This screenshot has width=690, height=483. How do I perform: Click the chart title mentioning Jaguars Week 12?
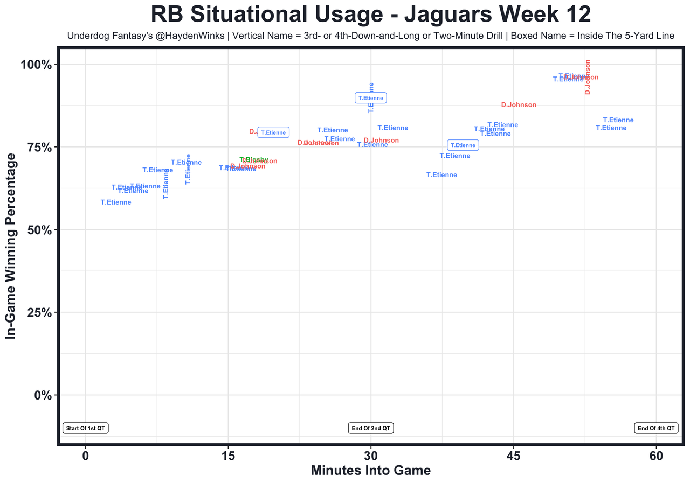[x=371, y=14]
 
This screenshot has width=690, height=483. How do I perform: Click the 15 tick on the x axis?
[x=228, y=456]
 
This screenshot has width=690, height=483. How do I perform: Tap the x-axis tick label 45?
[x=514, y=456]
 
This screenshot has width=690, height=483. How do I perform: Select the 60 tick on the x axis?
[x=656, y=456]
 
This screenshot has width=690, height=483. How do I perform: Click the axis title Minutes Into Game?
[x=371, y=471]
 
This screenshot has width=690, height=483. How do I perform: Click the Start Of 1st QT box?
[x=86, y=428]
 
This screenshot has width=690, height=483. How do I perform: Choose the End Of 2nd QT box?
[x=371, y=428]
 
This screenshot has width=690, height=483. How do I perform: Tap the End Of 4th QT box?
[x=656, y=428]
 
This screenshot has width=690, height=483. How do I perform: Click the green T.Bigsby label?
[x=253, y=159]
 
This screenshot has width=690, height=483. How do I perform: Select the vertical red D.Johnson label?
[x=588, y=77]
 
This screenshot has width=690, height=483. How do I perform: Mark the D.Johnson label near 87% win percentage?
[x=519, y=105]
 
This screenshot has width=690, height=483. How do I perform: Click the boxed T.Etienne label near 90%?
[x=371, y=98]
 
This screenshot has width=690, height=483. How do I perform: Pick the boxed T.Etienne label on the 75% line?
[x=463, y=145]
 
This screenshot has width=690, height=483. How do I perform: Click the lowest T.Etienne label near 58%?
[x=116, y=202]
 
